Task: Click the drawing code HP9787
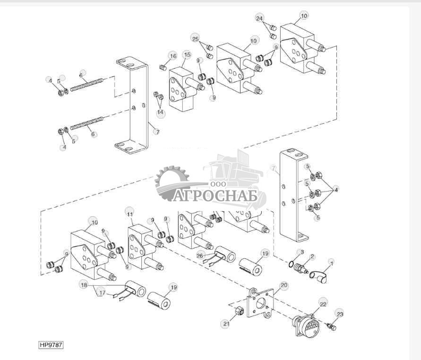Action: pyautogui.click(x=51, y=345)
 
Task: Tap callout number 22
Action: pyautogui.click(x=323, y=305)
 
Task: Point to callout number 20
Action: pyautogui.click(x=284, y=285)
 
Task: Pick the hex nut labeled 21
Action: pyautogui.click(x=240, y=311)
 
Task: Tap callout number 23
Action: pyautogui.click(x=340, y=313)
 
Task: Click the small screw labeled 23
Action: pyautogui.click(x=331, y=327)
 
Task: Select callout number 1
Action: pyautogui.click(x=331, y=262)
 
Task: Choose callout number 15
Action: pyautogui.click(x=187, y=55)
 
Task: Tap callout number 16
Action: pyautogui.click(x=173, y=56)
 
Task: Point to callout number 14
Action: pyautogui.click(x=160, y=113)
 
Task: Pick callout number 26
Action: pyautogui.click(x=199, y=255)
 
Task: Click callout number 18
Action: pyautogui.click(x=84, y=285)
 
